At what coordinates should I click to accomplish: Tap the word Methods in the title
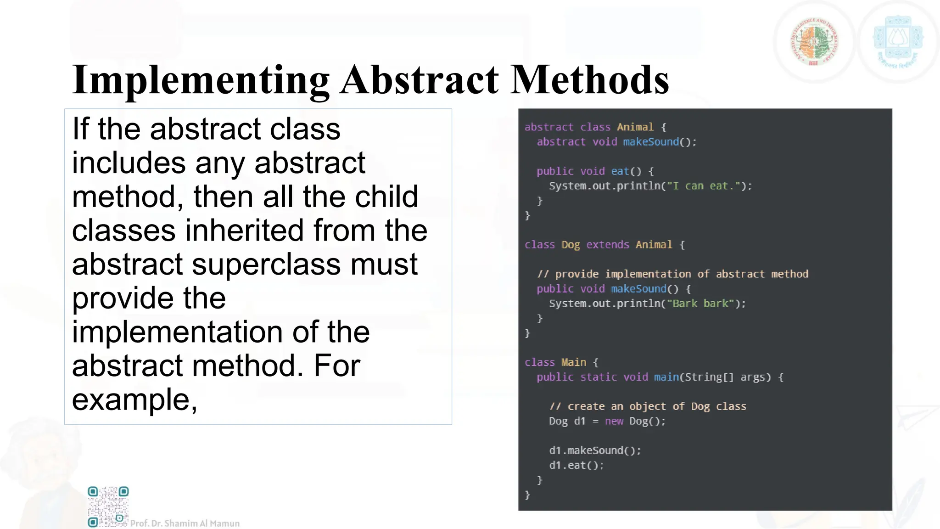click(590, 80)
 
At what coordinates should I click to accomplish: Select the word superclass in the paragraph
click(267, 264)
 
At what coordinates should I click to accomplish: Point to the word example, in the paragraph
click(134, 400)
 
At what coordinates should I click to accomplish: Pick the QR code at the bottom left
click(108, 506)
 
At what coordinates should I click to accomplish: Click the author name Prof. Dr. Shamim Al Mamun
click(185, 523)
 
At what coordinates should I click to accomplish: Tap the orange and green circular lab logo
click(814, 42)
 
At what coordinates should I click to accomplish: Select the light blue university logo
click(898, 42)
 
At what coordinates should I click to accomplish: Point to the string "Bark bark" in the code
click(700, 304)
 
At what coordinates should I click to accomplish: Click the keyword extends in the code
click(608, 245)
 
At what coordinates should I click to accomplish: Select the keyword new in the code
click(614, 421)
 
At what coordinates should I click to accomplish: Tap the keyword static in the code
click(599, 377)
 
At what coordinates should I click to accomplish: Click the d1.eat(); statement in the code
click(576, 465)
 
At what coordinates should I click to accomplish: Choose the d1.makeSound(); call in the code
click(595, 450)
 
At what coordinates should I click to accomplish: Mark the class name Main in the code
click(574, 362)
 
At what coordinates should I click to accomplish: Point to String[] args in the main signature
click(725, 377)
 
